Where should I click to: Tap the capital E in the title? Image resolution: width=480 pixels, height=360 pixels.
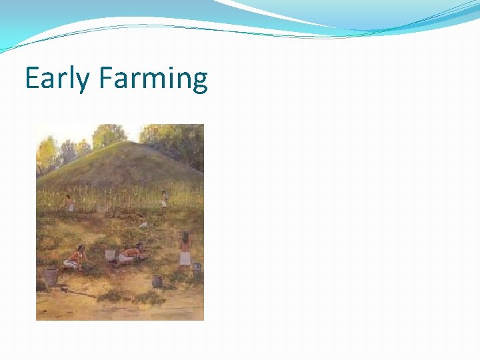[31, 79]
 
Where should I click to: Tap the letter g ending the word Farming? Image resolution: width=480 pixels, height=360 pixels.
[199, 83]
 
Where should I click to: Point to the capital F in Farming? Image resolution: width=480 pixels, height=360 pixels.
[105, 79]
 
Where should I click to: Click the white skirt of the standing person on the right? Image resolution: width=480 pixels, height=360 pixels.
[185, 258]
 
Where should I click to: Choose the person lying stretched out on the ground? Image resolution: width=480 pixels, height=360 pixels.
[131, 253]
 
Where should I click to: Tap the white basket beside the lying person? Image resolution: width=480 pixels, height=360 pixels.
[110, 255]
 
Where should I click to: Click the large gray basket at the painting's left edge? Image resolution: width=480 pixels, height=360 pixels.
[50, 276]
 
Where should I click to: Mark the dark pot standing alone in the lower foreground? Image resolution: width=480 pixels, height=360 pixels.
[157, 281]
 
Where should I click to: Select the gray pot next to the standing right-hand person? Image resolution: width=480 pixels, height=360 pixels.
[197, 270]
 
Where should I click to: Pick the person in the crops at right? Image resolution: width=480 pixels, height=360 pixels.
[164, 199]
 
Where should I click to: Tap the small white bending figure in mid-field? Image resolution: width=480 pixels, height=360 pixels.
[142, 223]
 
